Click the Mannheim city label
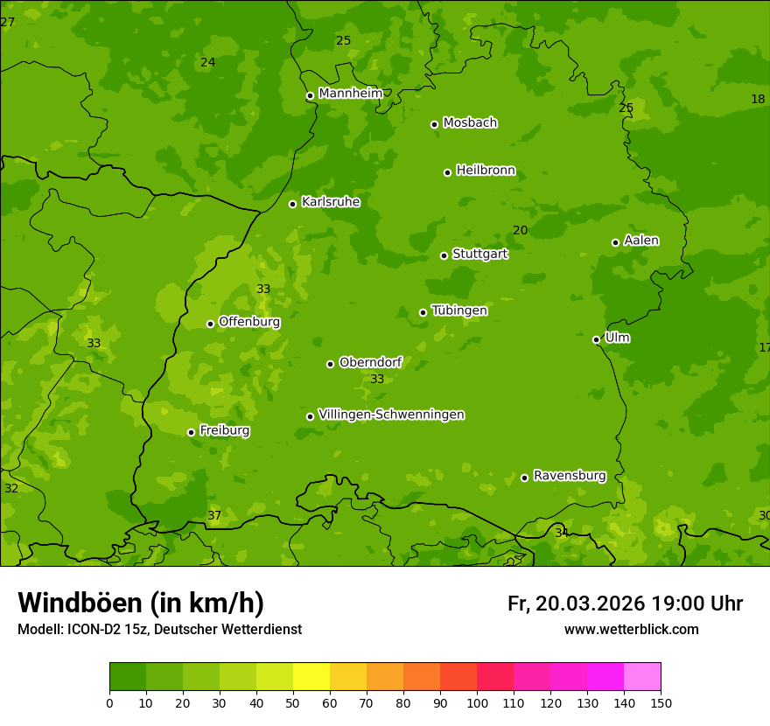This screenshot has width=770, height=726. pyautogui.click(x=350, y=94)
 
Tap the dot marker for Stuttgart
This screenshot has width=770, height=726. pyautogui.click(x=444, y=255)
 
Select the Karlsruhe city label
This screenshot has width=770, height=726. pyautogui.click(x=330, y=202)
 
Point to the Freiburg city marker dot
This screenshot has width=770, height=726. pyautogui.click(x=191, y=432)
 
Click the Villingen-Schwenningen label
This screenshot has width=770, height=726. pyautogui.click(x=391, y=415)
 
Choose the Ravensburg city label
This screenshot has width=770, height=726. pyautogui.click(x=569, y=476)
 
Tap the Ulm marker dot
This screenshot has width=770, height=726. pyautogui.click(x=596, y=339)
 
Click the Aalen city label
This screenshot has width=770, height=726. pyautogui.click(x=640, y=241)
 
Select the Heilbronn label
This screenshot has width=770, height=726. pyautogui.click(x=485, y=171)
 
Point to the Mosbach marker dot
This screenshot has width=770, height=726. pyautogui.click(x=434, y=124)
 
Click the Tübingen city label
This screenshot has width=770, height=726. pyautogui.click(x=458, y=311)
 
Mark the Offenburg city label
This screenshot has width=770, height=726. pyautogui.click(x=248, y=322)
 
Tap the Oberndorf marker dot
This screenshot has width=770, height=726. pyautogui.click(x=330, y=364)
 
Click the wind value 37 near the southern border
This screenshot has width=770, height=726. pyautogui.click(x=214, y=515)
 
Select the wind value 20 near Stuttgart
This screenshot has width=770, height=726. pyautogui.click(x=520, y=230)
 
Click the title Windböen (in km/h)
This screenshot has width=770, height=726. pyautogui.click(x=141, y=603)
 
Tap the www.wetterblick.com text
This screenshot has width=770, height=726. pyautogui.click(x=631, y=630)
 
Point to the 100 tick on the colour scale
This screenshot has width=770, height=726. pyautogui.click(x=477, y=702)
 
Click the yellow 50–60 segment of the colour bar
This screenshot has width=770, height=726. pyautogui.click(x=311, y=677)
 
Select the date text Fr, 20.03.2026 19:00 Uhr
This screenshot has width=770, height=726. pyautogui.click(x=625, y=604)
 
